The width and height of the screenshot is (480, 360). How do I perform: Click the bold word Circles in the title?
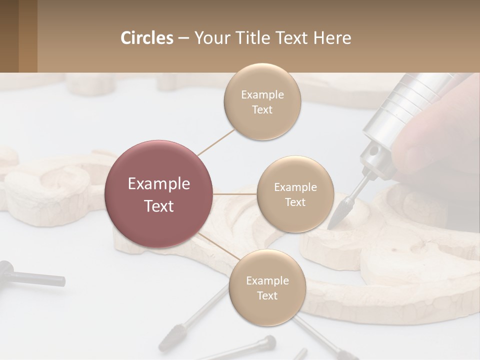click(147, 38)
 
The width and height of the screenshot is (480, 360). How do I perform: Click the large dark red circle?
click(158, 194)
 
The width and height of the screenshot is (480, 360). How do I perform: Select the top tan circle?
click(262, 102)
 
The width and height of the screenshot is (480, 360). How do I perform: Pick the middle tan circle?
click(295, 194)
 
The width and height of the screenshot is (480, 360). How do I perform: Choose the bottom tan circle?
click(267, 288)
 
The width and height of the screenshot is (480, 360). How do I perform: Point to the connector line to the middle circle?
click(234, 194)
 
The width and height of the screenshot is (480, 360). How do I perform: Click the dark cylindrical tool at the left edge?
click(30, 275)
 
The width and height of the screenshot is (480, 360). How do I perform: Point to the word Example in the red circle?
click(158, 184)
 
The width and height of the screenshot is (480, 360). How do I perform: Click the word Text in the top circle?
click(262, 110)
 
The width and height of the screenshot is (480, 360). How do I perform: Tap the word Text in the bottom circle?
click(267, 296)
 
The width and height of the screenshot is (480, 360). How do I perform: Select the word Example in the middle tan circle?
click(295, 187)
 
